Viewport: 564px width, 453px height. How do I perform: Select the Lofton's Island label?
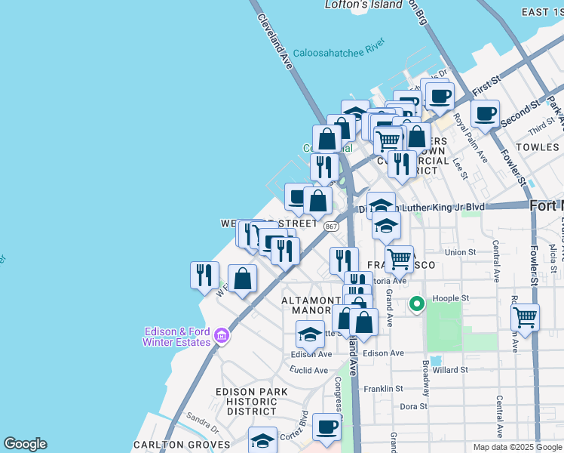pos(363,5)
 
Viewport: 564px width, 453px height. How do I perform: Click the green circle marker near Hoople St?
pos(416,305)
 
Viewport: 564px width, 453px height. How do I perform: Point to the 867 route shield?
pos(331,226)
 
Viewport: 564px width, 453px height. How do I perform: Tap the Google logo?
pos(25,444)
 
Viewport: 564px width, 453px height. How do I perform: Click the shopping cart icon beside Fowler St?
pos(525,317)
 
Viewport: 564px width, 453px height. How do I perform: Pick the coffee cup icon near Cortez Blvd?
pos(326,427)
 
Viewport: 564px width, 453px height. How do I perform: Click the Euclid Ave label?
pos(310,371)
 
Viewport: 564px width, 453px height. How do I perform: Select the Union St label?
pos(461,252)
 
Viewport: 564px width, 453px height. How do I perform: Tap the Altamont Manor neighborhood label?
pos(311,305)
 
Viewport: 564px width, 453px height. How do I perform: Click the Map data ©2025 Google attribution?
pos(516,447)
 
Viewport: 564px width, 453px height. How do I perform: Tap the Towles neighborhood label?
pos(537,146)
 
